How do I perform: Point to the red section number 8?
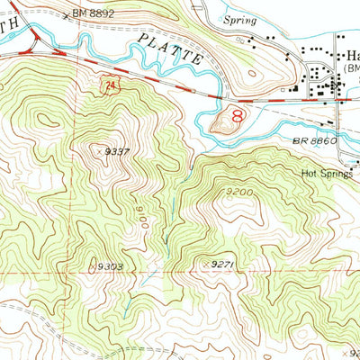click(238, 116)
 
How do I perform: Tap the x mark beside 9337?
click(97, 152)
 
